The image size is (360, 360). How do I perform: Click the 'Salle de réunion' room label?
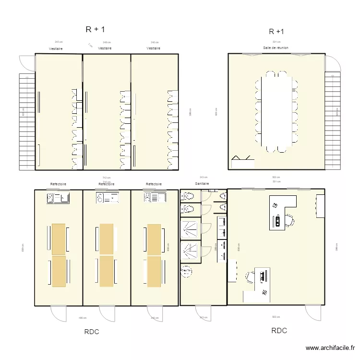(x=276, y=48)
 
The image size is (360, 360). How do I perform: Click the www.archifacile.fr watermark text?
(x=331, y=348)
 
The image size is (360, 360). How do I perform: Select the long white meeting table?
(x=276, y=111)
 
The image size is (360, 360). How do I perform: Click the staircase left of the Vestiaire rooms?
(x=27, y=122)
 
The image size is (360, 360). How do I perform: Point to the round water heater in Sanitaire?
(x=186, y=272)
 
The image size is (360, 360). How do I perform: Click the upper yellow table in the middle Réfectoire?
(x=107, y=239)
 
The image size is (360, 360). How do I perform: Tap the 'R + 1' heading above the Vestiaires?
(x=95, y=29)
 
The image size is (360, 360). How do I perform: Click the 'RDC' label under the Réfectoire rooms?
(x=92, y=332)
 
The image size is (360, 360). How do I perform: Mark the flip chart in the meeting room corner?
(x=242, y=160)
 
